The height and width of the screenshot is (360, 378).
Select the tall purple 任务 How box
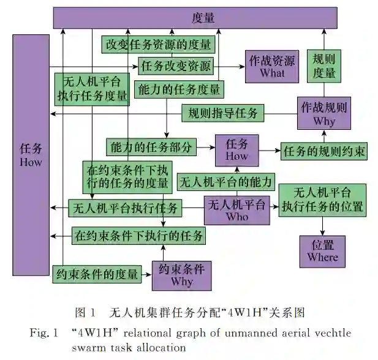point(31,154)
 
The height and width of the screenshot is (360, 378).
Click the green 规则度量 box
point(323,66)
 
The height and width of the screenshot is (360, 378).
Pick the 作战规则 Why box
point(323,113)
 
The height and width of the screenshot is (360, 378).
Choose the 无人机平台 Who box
point(237,210)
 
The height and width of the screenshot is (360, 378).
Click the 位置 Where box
point(323,250)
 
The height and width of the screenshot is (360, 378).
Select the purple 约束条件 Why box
point(181,276)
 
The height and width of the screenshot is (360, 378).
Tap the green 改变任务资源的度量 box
point(158,44)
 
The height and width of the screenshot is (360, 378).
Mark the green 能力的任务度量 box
point(179,89)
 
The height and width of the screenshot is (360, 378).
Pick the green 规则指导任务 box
point(222,113)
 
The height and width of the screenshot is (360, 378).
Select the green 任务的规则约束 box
point(324,151)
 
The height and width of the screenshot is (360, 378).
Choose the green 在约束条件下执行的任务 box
point(138,234)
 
